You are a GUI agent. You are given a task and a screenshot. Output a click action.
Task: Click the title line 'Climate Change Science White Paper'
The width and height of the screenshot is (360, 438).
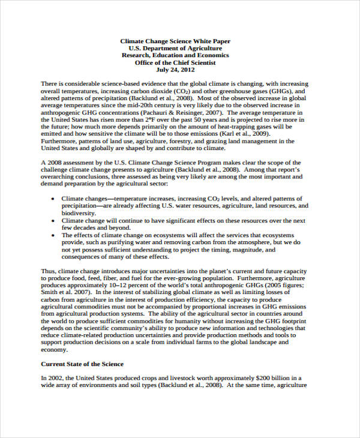pyautogui.click(x=175, y=41)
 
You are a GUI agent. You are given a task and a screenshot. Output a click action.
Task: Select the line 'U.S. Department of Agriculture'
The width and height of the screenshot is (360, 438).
pyautogui.click(x=175, y=48)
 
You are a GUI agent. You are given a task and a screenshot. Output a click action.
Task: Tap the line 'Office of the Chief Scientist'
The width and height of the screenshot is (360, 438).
pyautogui.click(x=175, y=62)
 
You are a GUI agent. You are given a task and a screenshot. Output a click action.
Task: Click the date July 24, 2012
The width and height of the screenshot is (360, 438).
pyautogui.click(x=175, y=70)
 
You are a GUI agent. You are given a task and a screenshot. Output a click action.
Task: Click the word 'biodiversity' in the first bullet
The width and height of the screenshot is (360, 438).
pyautogui.click(x=78, y=213)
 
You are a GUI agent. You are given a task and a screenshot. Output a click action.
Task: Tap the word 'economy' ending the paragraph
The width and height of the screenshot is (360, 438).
pyautogui.click(x=53, y=350)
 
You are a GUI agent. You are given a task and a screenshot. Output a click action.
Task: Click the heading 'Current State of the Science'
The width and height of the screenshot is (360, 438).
pyautogui.click(x=82, y=364)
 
